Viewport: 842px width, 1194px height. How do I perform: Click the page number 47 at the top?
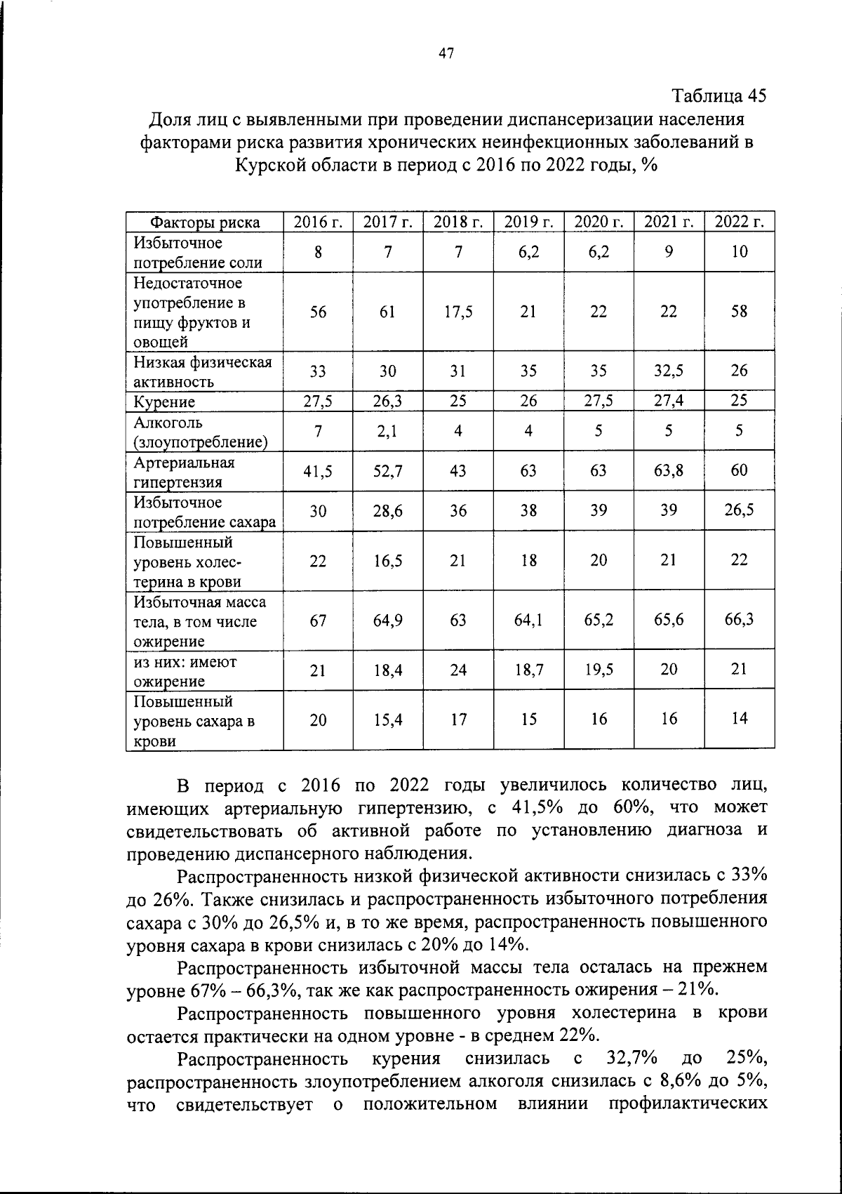pyautogui.click(x=446, y=53)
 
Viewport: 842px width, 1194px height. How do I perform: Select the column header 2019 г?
pyautogui.click(x=528, y=223)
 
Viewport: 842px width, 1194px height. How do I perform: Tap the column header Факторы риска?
pyautogui.click(x=205, y=223)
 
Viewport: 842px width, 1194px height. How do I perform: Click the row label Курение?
pyautogui.click(x=165, y=402)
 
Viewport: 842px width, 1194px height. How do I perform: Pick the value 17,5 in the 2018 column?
pyautogui.click(x=458, y=312)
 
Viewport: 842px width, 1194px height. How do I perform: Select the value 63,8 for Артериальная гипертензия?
pyautogui.click(x=669, y=470)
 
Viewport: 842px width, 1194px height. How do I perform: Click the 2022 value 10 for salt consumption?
pyautogui.click(x=740, y=252)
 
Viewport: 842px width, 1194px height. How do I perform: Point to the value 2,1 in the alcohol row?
pyautogui.click(x=388, y=431)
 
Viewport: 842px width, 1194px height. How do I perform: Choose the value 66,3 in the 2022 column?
pyautogui.click(x=740, y=621)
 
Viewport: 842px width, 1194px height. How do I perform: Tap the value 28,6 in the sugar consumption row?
pyautogui.click(x=388, y=510)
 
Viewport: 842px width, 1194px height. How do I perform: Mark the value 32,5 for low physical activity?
pyautogui.click(x=669, y=371)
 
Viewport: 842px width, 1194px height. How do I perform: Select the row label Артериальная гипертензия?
pyautogui.click(x=185, y=472)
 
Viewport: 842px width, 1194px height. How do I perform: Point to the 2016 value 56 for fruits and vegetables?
pyautogui.click(x=318, y=312)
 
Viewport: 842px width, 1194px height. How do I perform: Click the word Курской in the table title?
pyautogui.click(x=267, y=166)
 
